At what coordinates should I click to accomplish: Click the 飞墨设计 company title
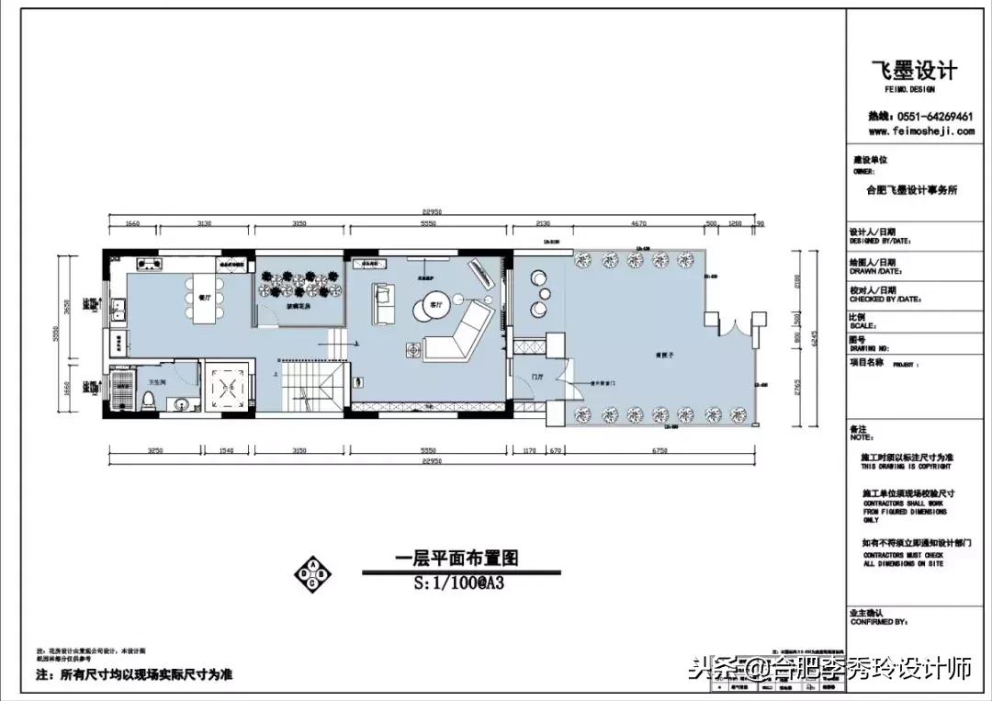point(913,71)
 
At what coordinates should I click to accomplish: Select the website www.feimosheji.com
point(920,131)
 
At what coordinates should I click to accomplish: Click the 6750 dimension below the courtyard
point(659,450)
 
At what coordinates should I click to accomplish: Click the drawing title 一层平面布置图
point(457,558)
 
